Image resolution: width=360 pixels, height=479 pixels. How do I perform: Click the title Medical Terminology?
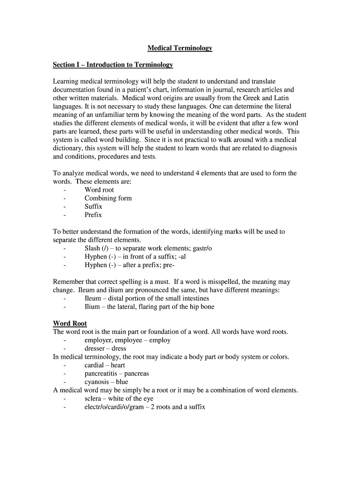coord(180,48)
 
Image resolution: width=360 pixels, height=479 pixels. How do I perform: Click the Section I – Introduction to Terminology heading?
coord(113,65)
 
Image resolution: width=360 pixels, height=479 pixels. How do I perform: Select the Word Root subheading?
coord(70,323)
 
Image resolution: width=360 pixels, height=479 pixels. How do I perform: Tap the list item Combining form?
coord(108,198)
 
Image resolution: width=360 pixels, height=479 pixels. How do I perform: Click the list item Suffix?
coord(93,206)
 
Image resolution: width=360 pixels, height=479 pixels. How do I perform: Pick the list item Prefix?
coord(93,215)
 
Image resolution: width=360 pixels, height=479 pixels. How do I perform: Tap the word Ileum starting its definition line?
coord(93,298)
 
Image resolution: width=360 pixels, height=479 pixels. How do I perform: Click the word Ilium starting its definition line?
coord(92,307)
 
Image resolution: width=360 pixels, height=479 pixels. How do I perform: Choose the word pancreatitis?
coord(101,374)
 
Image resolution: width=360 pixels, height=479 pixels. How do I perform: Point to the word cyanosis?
coord(96,382)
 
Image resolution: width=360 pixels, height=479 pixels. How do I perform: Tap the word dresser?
coord(95,348)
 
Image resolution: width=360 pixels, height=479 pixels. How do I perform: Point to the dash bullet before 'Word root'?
coord(64,190)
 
